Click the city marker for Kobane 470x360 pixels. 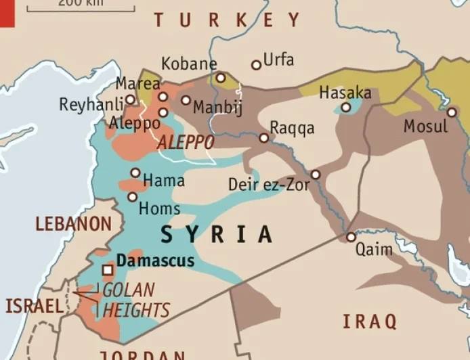click(220, 78)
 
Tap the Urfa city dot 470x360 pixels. click(256, 65)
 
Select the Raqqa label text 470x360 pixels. click(292, 128)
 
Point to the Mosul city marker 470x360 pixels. click(452, 112)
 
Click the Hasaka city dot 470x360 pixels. click(346, 107)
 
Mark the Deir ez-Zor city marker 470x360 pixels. click(316, 175)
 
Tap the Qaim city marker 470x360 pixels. click(351, 237)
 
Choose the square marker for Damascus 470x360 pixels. click(106, 270)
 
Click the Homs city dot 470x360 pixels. click(132, 197)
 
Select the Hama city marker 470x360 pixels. click(135, 173)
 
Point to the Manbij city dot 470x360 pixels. click(186, 100)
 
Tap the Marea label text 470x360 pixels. click(138, 84)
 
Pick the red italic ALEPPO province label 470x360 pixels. click(186, 143)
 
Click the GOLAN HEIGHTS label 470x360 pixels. click(134, 300)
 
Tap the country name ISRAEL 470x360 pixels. click(34, 306)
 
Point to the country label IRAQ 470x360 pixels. click(369, 321)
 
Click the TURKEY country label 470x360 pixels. click(227, 20)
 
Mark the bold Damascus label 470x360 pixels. click(155, 261)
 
